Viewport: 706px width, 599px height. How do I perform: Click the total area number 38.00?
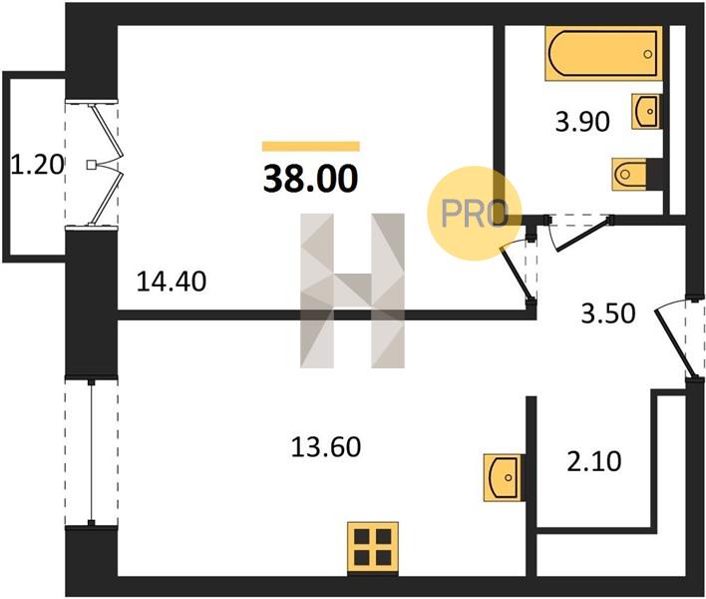click(311, 179)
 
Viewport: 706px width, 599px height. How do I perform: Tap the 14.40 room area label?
click(172, 282)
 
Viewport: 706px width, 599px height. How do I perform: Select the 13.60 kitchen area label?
click(326, 447)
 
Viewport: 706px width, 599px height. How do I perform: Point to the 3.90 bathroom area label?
click(582, 122)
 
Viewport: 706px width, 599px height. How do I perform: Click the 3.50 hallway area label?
click(608, 313)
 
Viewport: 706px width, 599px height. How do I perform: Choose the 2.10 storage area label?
click(594, 461)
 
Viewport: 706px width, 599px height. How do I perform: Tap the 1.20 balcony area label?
click(37, 165)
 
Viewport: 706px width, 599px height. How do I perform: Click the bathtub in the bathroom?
click(603, 54)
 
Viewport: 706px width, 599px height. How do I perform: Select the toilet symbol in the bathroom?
click(630, 173)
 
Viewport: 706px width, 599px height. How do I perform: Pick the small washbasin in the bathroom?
click(646, 111)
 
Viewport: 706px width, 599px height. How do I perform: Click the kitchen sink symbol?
click(503, 477)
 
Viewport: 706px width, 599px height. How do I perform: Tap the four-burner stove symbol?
click(373, 548)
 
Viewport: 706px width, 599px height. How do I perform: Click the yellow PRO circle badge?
click(474, 214)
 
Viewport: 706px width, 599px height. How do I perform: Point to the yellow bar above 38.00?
click(311, 146)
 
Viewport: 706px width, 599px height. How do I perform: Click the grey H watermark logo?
click(353, 291)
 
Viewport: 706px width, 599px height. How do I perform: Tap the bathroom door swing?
click(578, 233)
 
